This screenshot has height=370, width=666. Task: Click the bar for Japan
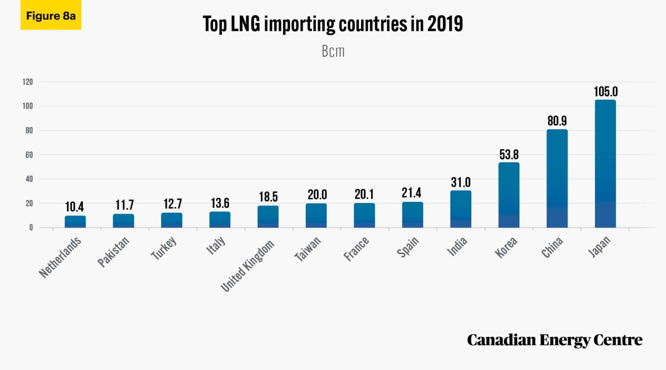[x=605, y=163]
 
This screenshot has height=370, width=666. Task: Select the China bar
[x=557, y=178]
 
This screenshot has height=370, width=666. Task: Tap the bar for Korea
[x=509, y=195]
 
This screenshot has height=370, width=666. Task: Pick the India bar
[x=461, y=209]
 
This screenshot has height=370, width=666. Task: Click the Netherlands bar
[x=75, y=222]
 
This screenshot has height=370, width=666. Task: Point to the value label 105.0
[x=606, y=92]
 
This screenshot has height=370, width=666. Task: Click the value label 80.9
[x=557, y=121]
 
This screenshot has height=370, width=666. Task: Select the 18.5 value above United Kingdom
[x=268, y=197]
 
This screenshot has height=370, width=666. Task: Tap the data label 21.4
[x=411, y=193]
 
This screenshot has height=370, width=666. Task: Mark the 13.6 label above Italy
[x=220, y=203]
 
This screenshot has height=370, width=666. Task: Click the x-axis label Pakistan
[x=113, y=252]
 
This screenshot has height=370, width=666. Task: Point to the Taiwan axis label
[x=308, y=249]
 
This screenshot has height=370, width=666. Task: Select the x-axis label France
[x=356, y=249]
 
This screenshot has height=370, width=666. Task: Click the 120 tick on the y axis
[x=28, y=82]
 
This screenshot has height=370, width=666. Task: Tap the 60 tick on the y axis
[x=29, y=155]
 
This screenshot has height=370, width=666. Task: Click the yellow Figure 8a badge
[x=51, y=16]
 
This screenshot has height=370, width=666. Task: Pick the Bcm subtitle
[x=333, y=51]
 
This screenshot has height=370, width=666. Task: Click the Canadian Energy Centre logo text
[x=554, y=340]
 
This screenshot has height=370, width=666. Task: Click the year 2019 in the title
[x=445, y=24]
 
